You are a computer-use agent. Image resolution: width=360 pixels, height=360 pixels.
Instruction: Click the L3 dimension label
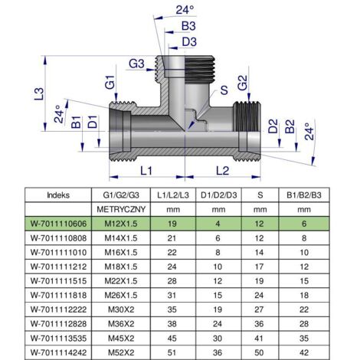tap(39, 94)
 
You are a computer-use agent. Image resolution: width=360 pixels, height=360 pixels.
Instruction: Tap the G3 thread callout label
tap(136, 64)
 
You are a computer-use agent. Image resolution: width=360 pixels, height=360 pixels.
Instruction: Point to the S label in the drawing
tap(224, 90)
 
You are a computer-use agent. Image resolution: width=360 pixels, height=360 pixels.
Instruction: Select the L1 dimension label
tap(146, 171)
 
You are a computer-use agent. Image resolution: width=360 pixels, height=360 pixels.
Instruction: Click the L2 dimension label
tap(222, 171)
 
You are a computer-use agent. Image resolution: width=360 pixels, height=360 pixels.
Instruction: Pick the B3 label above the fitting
tap(188, 26)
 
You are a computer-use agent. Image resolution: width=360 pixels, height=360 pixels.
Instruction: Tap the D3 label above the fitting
tap(189, 42)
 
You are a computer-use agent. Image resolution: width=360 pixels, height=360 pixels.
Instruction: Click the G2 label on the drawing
tap(243, 83)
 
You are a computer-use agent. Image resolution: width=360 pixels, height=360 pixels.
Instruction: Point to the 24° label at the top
tap(185, 10)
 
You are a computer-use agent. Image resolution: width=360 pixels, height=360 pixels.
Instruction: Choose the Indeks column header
tap(58, 195)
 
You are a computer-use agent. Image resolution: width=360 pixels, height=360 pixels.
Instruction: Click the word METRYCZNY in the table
tap(121, 210)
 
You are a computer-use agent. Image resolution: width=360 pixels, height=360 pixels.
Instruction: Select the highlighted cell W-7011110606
tap(58, 224)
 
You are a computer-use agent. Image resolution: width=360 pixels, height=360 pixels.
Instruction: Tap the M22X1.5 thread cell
tap(121, 281)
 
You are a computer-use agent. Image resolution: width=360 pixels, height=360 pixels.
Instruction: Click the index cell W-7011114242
tap(58, 352)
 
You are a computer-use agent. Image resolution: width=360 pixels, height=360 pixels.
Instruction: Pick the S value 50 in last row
tap(259, 352)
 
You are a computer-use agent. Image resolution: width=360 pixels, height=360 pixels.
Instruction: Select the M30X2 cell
tap(121, 309)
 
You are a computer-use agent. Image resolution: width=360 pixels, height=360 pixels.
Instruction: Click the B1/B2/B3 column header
tap(304, 195)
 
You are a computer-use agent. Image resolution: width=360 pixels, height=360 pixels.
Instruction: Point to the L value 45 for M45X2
tap(172, 339)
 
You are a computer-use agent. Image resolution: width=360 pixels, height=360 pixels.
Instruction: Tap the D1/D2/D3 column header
tap(219, 195)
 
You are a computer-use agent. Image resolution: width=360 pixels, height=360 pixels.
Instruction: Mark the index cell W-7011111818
tap(58, 296)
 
